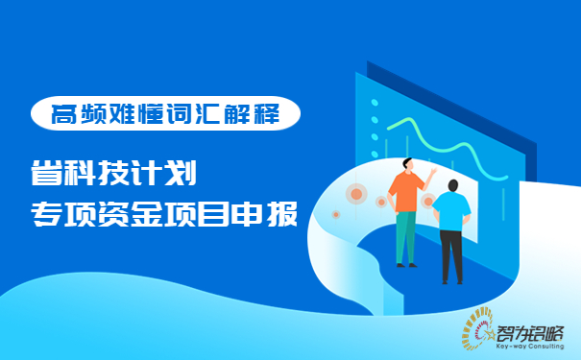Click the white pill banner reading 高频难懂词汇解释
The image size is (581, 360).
point(165,115)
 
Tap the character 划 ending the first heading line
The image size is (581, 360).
point(181,175)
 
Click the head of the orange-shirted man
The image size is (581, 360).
point(407,164)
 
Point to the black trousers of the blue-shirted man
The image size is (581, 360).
point(451,254)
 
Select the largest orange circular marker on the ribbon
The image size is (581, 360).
point(356,195)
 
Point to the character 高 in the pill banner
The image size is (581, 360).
point(63,115)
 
